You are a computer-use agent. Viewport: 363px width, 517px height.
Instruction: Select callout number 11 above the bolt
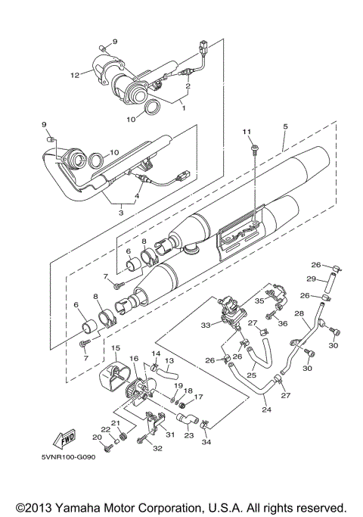coord(246,132)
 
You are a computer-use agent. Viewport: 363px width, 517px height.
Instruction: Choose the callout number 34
coord(206,443)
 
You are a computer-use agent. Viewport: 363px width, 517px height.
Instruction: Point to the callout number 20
coord(96,438)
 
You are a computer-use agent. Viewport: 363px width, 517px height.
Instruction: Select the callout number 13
coord(169,360)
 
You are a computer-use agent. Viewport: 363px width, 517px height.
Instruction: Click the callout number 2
coord(187,85)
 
